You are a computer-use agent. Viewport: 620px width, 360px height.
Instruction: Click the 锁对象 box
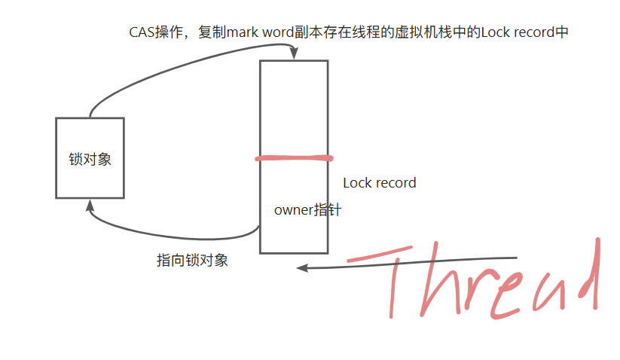click(90, 158)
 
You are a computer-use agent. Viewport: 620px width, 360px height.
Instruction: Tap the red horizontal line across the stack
click(294, 158)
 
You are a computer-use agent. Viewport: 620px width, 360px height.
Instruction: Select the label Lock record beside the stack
click(379, 183)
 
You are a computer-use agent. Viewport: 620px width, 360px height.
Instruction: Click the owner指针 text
click(307, 210)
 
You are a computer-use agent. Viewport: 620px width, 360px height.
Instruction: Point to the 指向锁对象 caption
click(192, 261)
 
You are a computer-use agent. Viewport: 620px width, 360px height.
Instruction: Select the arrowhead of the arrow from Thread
click(302, 267)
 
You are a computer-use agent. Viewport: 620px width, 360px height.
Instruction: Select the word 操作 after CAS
click(171, 32)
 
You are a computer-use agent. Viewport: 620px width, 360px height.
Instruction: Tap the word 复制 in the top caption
click(212, 32)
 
